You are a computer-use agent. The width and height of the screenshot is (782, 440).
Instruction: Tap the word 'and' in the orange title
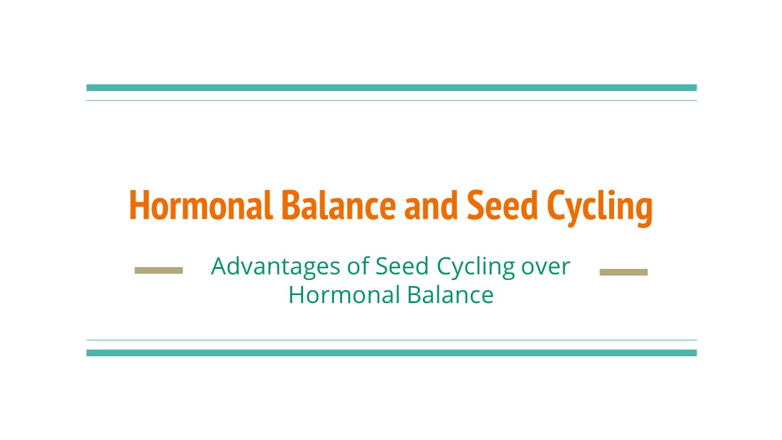click(430, 205)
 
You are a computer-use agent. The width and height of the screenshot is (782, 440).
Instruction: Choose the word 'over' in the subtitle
click(546, 267)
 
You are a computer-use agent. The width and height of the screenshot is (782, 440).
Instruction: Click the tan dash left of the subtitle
click(159, 270)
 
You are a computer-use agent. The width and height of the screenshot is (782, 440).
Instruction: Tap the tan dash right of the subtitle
click(623, 272)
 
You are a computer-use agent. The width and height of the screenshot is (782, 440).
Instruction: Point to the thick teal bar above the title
click(391, 87)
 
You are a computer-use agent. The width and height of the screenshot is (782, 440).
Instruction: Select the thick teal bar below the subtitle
click(391, 353)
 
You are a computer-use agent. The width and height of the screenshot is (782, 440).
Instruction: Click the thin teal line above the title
click(391, 100)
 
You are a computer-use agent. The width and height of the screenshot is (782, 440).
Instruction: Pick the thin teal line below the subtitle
click(391, 340)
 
